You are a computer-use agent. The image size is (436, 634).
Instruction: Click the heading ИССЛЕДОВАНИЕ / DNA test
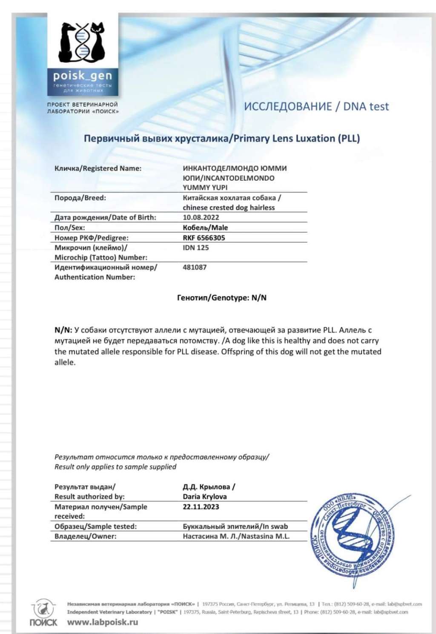pos(316,106)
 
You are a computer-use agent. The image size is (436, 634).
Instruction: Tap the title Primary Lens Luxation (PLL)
pos(221,139)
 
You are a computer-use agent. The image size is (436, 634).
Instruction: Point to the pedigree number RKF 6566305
pos(204,238)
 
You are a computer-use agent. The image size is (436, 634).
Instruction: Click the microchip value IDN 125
pos(195,247)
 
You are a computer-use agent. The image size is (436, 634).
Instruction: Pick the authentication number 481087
pos(195,267)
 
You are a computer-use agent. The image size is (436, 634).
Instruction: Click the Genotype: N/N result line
pos(221,298)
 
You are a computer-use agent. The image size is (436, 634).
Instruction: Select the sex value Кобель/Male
pos(205,227)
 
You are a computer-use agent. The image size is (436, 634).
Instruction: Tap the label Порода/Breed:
pos(80,198)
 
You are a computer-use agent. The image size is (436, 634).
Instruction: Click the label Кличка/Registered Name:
pos(98,168)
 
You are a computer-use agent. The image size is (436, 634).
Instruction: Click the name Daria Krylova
pos(204,496)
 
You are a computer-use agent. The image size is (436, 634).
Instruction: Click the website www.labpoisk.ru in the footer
pos(102,622)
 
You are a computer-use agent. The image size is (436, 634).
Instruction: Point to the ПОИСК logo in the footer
pos(43,614)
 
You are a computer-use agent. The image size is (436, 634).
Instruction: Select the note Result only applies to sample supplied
pos(115,467)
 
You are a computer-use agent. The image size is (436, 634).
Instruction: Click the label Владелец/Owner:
pos(85,536)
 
